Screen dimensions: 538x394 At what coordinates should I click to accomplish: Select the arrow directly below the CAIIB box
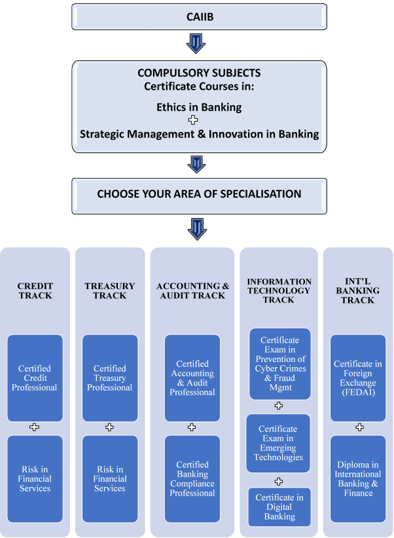click(x=196, y=43)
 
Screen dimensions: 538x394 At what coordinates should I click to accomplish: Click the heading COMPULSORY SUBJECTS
click(x=199, y=73)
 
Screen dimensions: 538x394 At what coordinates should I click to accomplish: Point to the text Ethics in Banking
click(x=199, y=107)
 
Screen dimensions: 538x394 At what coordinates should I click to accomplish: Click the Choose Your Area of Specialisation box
click(x=199, y=194)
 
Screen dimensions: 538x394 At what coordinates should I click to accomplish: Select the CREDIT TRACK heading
click(x=35, y=291)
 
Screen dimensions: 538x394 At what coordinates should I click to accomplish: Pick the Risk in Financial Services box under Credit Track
click(x=35, y=478)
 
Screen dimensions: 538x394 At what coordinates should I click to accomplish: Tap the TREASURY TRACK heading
click(x=110, y=291)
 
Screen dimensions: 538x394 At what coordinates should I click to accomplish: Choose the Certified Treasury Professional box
click(x=110, y=378)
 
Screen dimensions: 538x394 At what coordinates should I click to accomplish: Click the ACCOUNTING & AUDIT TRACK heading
click(x=192, y=291)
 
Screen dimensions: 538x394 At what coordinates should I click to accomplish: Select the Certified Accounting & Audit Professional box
click(x=192, y=378)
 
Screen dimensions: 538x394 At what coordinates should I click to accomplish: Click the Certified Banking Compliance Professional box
click(x=192, y=478)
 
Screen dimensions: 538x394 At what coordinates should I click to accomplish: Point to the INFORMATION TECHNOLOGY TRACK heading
click(x=279, y=291)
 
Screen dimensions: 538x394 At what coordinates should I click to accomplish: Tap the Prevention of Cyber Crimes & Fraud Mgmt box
click(x=279, y=363)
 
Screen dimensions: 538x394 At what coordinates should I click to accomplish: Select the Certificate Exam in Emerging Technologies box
click(x=279, y=443)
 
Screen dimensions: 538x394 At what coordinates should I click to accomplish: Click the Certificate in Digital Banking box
click(x=279, y=507)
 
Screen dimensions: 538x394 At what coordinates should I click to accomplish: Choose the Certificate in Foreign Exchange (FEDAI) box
click(x=358, y=378)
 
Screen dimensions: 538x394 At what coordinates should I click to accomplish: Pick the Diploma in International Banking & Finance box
click(x=358, y=478)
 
